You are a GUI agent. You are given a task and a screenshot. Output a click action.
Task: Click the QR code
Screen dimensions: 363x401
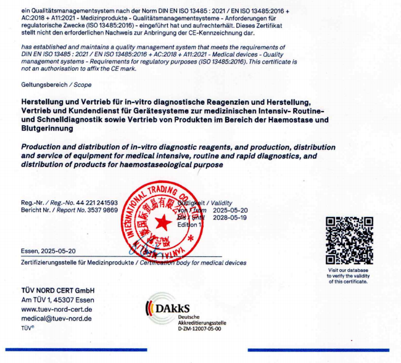(349, 240)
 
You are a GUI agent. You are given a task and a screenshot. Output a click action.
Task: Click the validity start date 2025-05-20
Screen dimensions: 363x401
(230, 210)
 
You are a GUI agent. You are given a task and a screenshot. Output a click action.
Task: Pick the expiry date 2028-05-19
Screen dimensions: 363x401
(230, 218)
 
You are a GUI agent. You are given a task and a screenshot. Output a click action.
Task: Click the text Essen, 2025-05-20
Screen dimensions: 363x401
(49, 251)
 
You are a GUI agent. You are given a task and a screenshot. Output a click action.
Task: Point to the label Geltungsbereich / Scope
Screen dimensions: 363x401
(48, 84)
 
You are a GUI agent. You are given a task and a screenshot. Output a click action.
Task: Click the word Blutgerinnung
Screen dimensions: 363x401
(47, 129)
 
